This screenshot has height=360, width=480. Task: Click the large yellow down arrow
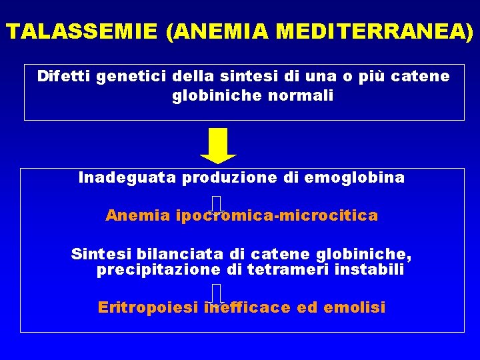218,145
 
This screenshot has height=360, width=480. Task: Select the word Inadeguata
127,178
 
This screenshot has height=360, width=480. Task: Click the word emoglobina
364,178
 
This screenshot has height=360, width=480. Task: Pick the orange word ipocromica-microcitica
277,216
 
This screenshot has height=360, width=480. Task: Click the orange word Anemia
138,216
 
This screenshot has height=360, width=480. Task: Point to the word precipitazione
158,269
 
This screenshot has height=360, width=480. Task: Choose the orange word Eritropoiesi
149,307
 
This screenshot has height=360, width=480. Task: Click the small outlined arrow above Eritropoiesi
217,294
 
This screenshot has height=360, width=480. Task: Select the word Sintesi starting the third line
101,254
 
